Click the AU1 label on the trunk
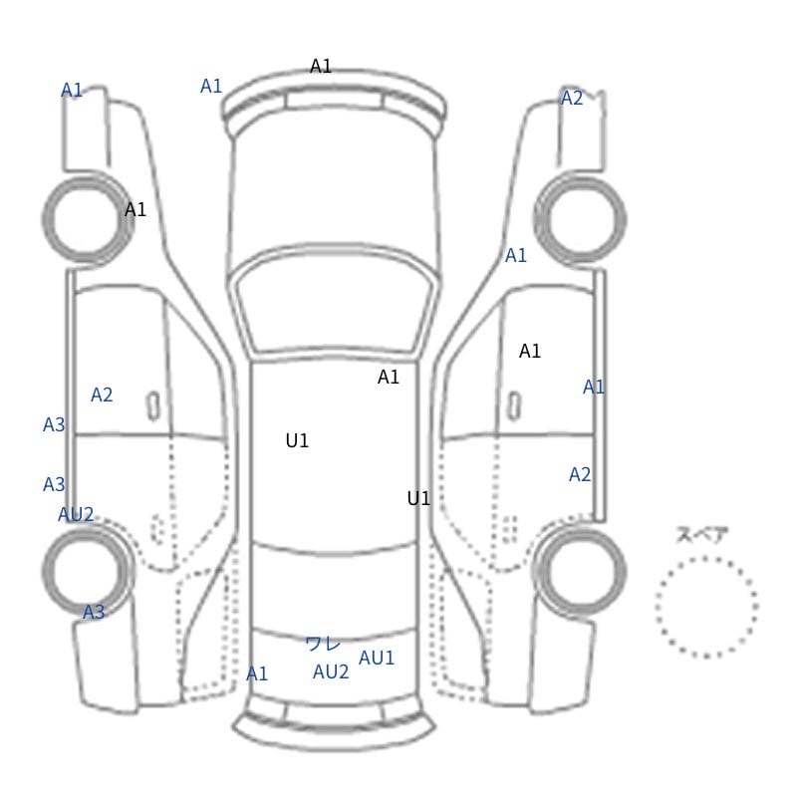[377, 658]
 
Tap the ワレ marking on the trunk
[323, 644]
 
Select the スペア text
[694, 535]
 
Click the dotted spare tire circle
[706, 558]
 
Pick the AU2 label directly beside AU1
[331, 671]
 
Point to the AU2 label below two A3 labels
[76, 514]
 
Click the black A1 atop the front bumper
[321, 66]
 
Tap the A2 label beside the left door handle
[102, 395]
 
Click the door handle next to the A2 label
[153, 405]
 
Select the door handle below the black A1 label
[514, 405]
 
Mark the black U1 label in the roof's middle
[297, 440]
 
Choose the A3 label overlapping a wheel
[94, 612]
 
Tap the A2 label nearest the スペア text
[580, 474]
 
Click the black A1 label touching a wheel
[135, 209]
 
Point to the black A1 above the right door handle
[530, 351]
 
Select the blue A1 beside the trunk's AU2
[257, 674]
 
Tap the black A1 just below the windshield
[389, 378]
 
